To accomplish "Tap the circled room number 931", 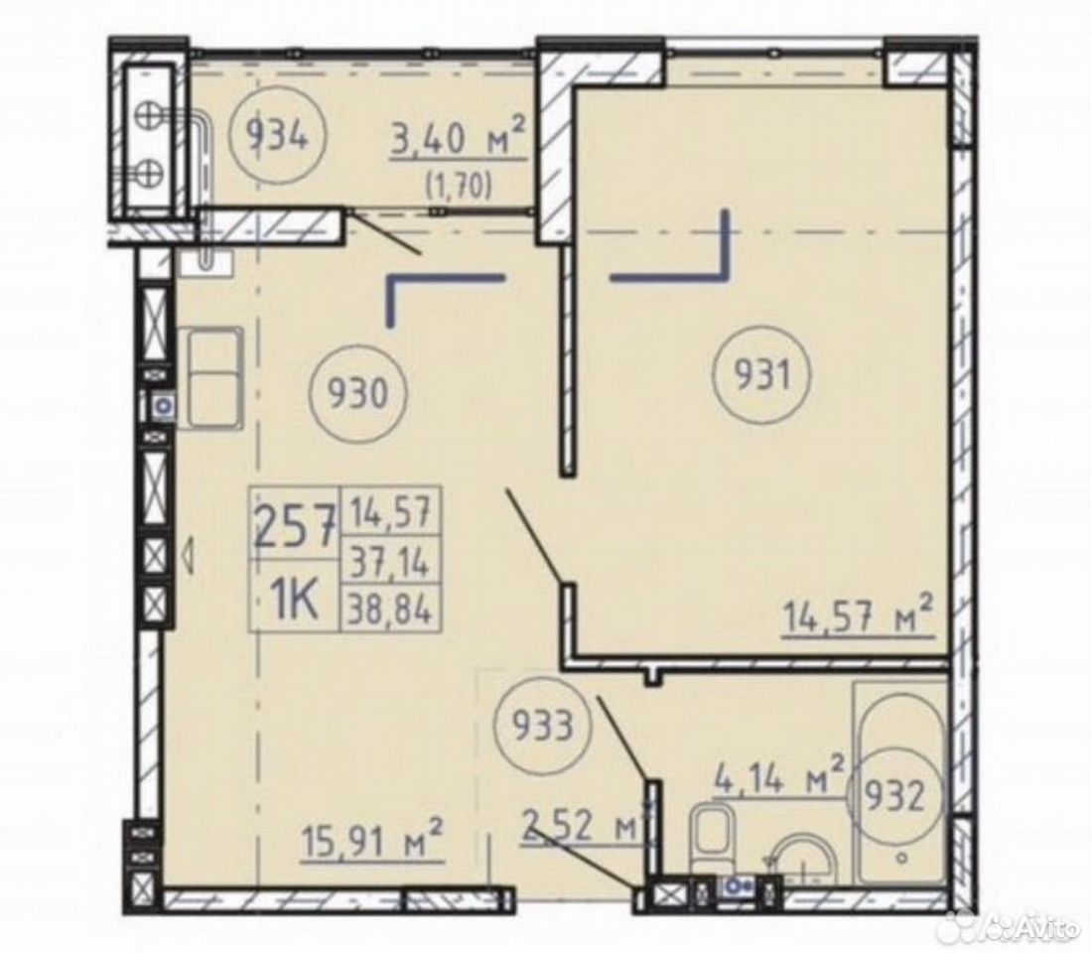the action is tap(762, 377).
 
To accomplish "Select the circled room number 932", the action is tap(897, 797).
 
